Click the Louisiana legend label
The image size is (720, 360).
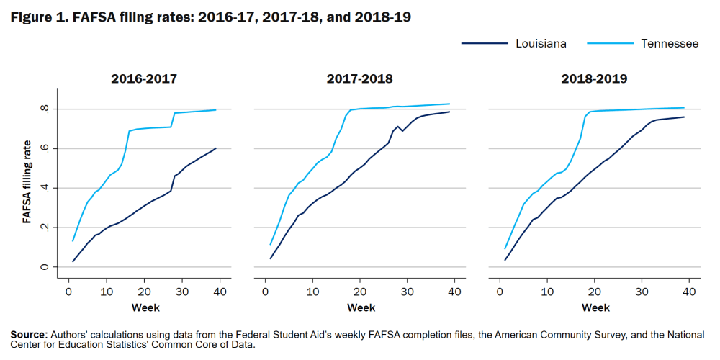541,44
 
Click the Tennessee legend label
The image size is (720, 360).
670,44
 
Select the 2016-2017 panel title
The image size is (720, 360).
144,78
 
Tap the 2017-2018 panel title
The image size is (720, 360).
360,78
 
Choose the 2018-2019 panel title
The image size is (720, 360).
594,78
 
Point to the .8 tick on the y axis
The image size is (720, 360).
45,109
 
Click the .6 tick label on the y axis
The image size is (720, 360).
45,148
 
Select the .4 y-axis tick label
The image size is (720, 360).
45,188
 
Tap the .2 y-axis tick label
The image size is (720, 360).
45,228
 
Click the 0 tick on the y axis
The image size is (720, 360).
45,267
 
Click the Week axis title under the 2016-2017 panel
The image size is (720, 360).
145,308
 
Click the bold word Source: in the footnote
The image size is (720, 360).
28,336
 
